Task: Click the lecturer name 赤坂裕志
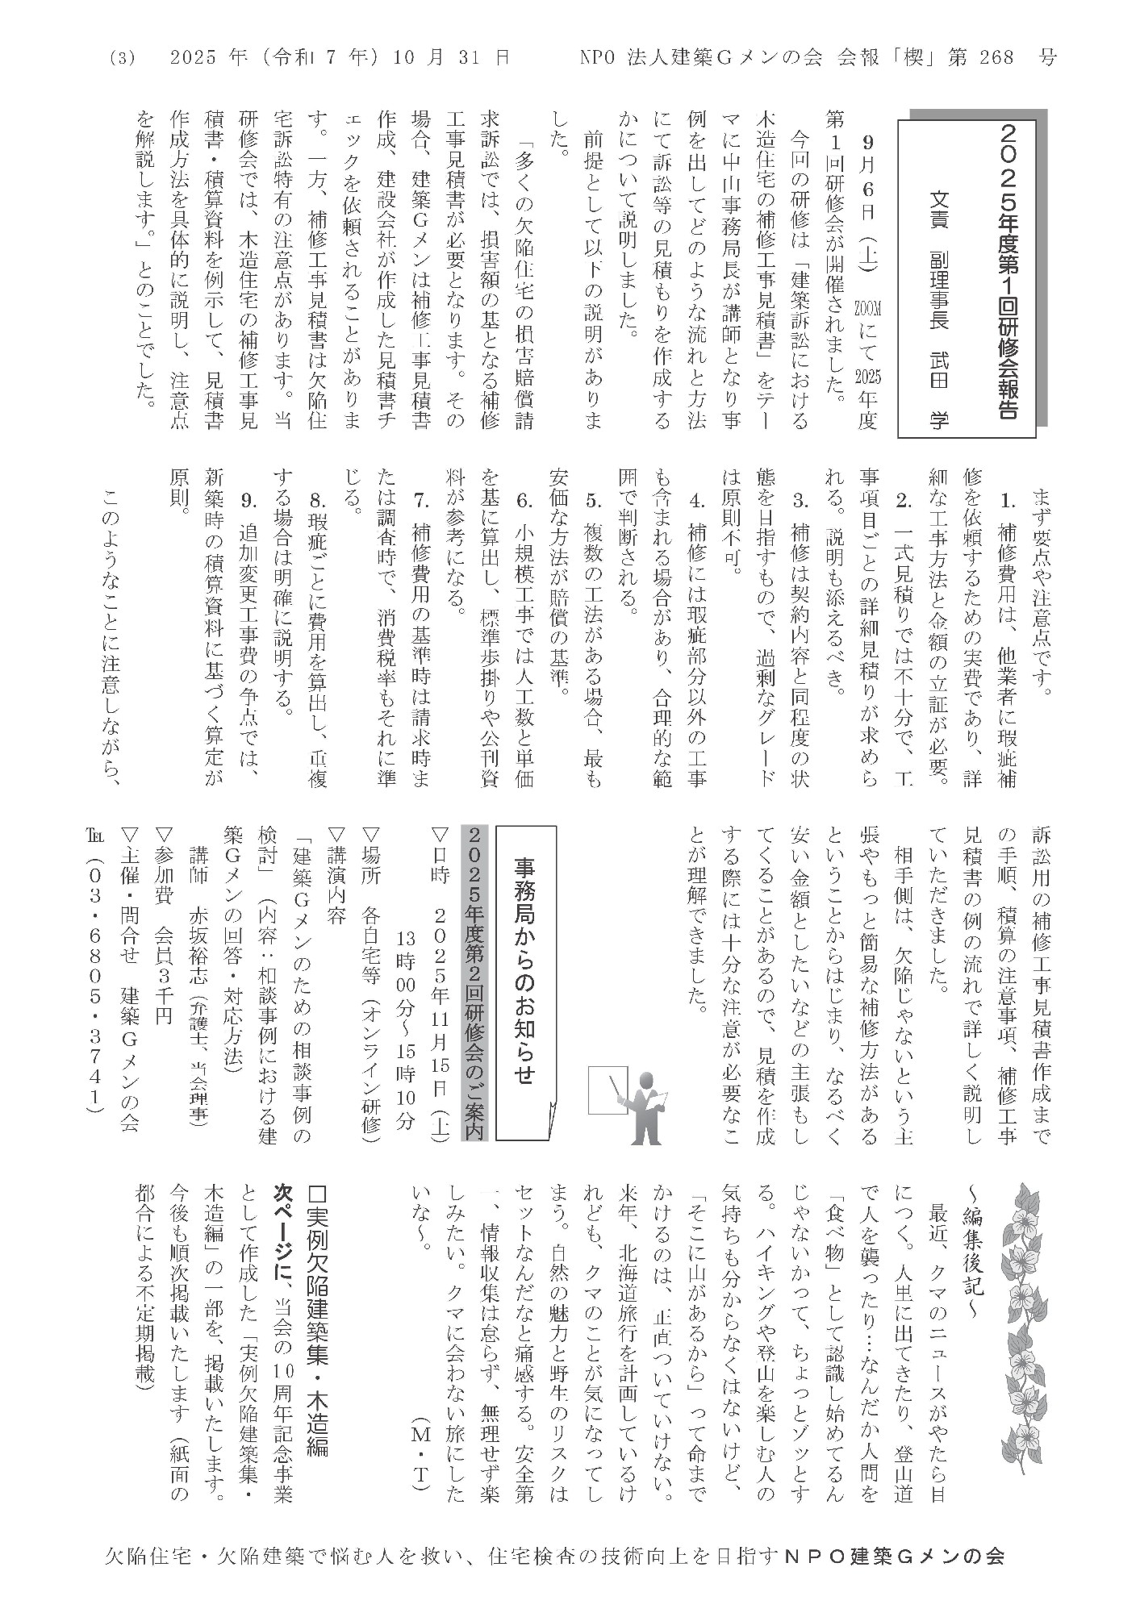pyautogui.click(x=197, y=960)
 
